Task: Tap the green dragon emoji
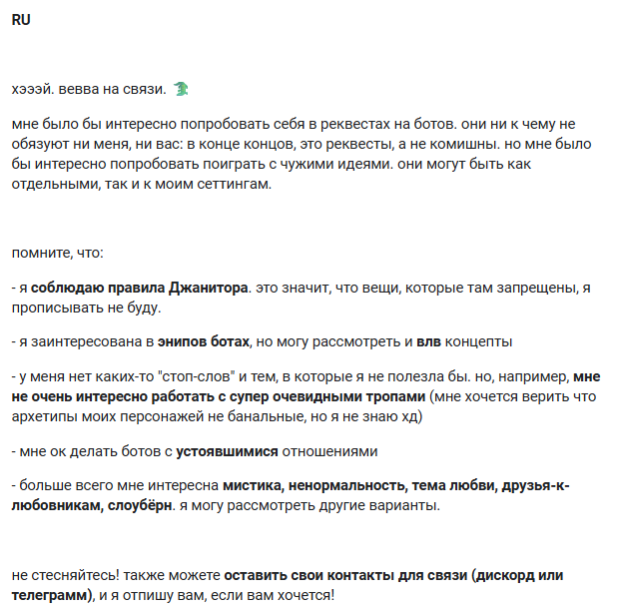(181, 89)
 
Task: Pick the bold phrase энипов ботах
(204, 341)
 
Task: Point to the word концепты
(480, 341)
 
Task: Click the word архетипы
(43, 415)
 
